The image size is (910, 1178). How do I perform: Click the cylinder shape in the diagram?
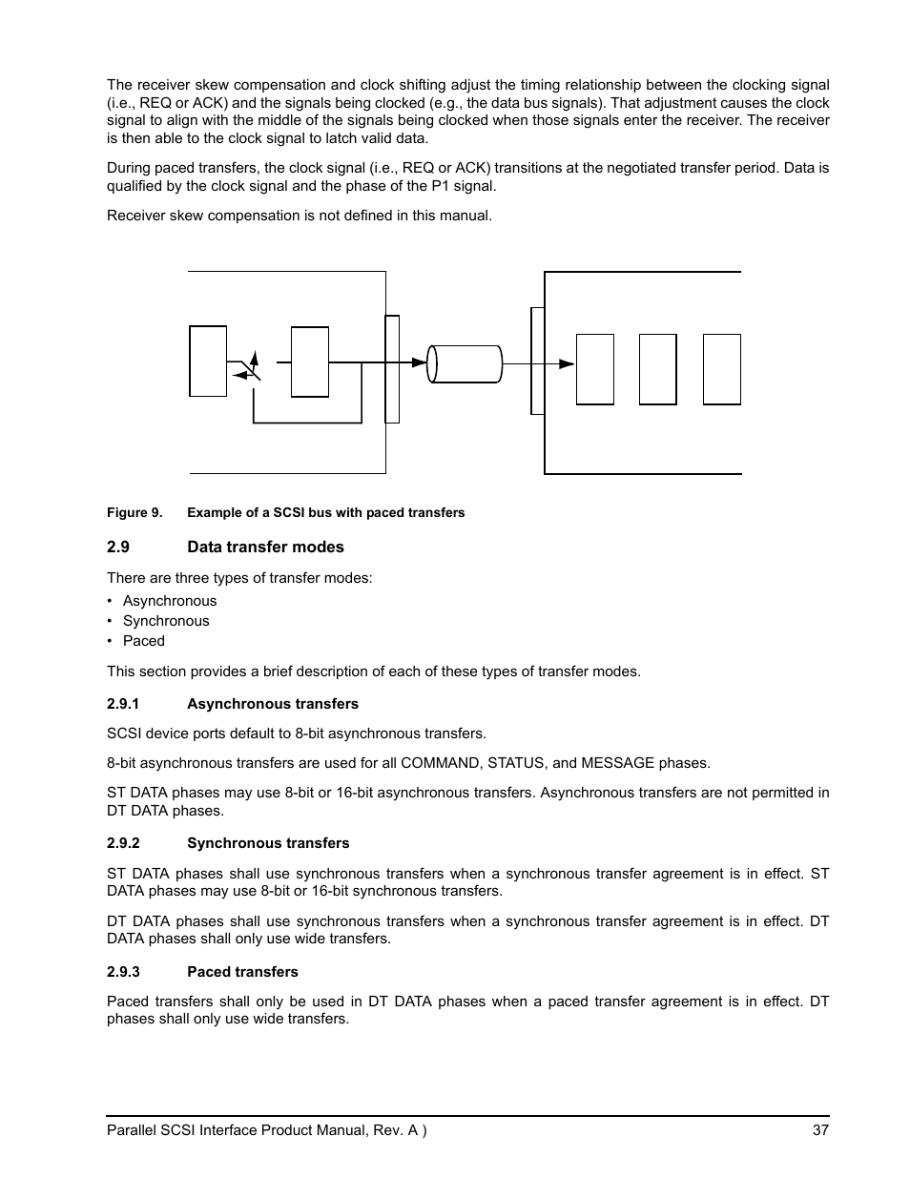(x=465, y=363)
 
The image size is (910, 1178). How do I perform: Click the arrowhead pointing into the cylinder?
(x=420, y=362)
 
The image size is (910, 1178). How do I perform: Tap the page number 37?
(x=820, y=1131)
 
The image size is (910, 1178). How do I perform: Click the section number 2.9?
(x=117, y=548)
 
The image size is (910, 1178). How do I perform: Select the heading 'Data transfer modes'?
(x=265, y=548)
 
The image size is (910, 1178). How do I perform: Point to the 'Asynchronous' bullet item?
(x=170, y=601)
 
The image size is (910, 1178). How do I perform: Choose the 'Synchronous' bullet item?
(x=166, y=621)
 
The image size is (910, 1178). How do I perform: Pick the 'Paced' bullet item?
(x=144, y=641)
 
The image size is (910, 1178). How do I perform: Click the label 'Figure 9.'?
(x=134, y=513)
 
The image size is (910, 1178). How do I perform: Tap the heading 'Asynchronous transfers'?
(x=273, y=704)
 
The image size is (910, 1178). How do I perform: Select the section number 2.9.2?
(x=123, y=843)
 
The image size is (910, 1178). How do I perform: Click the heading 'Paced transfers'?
(x=242, y=972)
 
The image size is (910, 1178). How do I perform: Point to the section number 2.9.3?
(x=123, y=972)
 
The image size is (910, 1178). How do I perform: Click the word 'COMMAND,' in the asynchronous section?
(x=437, y=763)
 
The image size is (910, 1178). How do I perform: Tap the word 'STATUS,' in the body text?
(x=515, y=763)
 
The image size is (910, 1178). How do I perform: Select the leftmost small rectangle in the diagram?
(x=208, y=361)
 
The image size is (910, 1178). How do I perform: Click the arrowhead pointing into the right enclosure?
(x=567, y=363)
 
